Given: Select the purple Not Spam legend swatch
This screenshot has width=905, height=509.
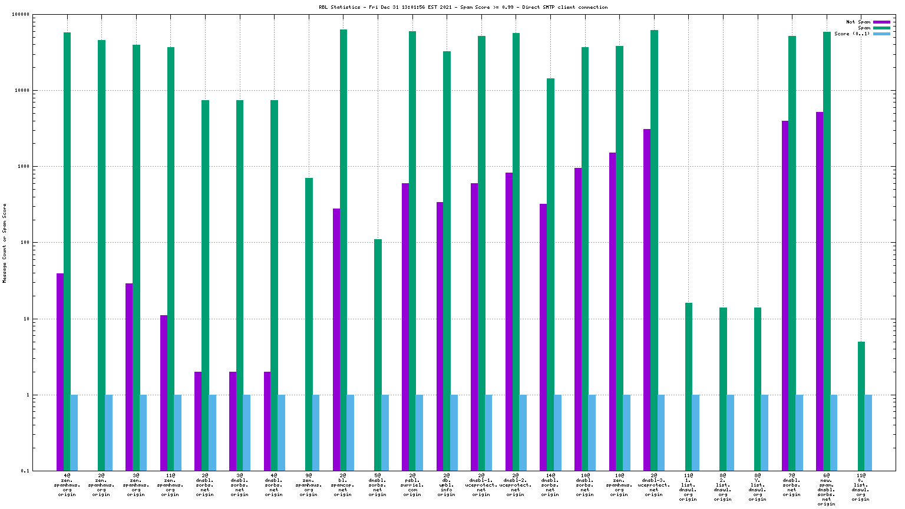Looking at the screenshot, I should (881, 22).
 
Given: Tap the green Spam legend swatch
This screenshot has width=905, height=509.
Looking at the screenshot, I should (881, 28).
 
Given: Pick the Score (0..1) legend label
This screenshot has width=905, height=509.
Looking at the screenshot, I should (852, 34).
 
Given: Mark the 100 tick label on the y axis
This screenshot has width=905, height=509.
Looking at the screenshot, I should (24, 243).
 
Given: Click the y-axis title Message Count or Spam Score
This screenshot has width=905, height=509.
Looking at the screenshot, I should (5, 243).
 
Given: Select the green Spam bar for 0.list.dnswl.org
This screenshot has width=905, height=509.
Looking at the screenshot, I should (861, 406).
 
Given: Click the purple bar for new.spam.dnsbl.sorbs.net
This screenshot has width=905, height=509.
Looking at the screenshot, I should (820, 291).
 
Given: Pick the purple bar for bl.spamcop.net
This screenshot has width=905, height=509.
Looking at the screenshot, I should (336, 339).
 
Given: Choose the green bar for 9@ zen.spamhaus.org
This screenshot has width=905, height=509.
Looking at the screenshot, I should (309, 324).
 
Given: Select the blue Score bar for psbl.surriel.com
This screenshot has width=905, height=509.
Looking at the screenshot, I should (419, 432).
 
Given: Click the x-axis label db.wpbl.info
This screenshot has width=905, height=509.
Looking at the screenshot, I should (447, 484).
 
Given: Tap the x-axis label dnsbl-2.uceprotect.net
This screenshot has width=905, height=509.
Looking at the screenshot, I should (516, 484).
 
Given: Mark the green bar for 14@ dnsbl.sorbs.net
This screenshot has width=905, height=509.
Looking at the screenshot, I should (550, 275).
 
